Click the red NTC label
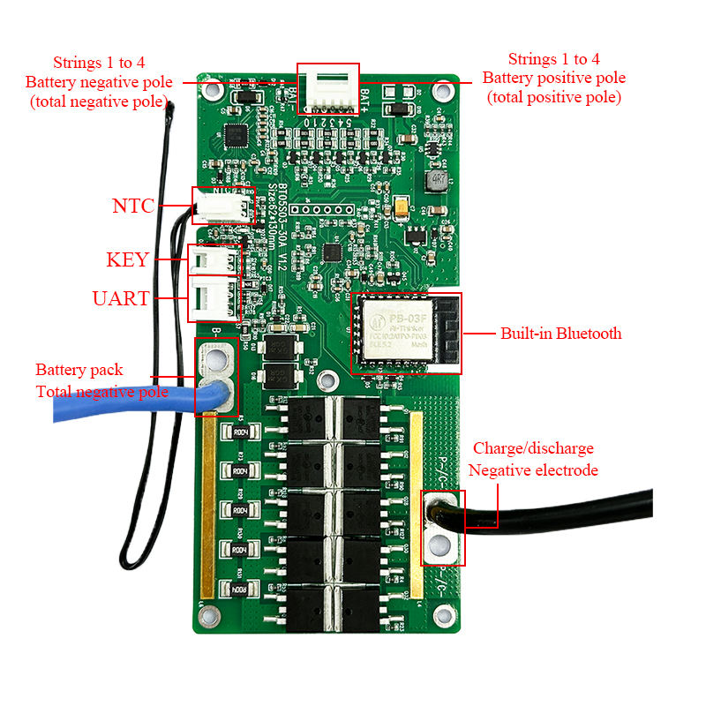pyautogui.click(x=133, y=207)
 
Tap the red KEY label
pyautogui.click(x=127, y=260)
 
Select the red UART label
pyautogui.click(x=121, y=298)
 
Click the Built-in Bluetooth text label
pyautogui.click(x=560, y=334)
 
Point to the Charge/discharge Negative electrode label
pyautogui.click(x=533, y=459)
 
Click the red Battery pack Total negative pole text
pyautogui.click(x=101, y=380)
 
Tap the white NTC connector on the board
pyautogui.click(x=214, y=207)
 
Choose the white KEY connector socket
pyautogui.click(x=214, y=260)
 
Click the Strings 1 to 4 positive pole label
pyautogui.click(x=553, y=78)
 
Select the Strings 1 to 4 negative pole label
pyautogui.click(x=98, y=81)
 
